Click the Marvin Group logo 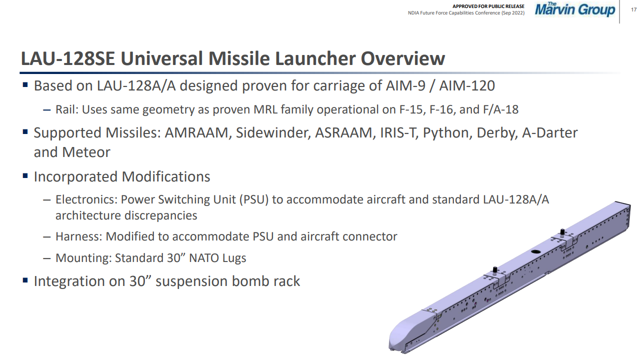point(575,9)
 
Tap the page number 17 point(633,9)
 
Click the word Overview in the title point(403,58)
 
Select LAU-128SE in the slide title point(67,58)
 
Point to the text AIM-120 point(467,85)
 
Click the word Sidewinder point(273,133)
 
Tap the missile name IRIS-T point(397,133)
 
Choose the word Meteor point(86,152)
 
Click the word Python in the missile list point(447,133)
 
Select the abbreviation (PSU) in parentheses point(254,199)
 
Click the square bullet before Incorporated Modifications point(25,175)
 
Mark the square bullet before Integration point(25,280)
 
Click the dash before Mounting point(47,258)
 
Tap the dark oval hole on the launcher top point(535,251)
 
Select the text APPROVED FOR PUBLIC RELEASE point(488,6)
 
